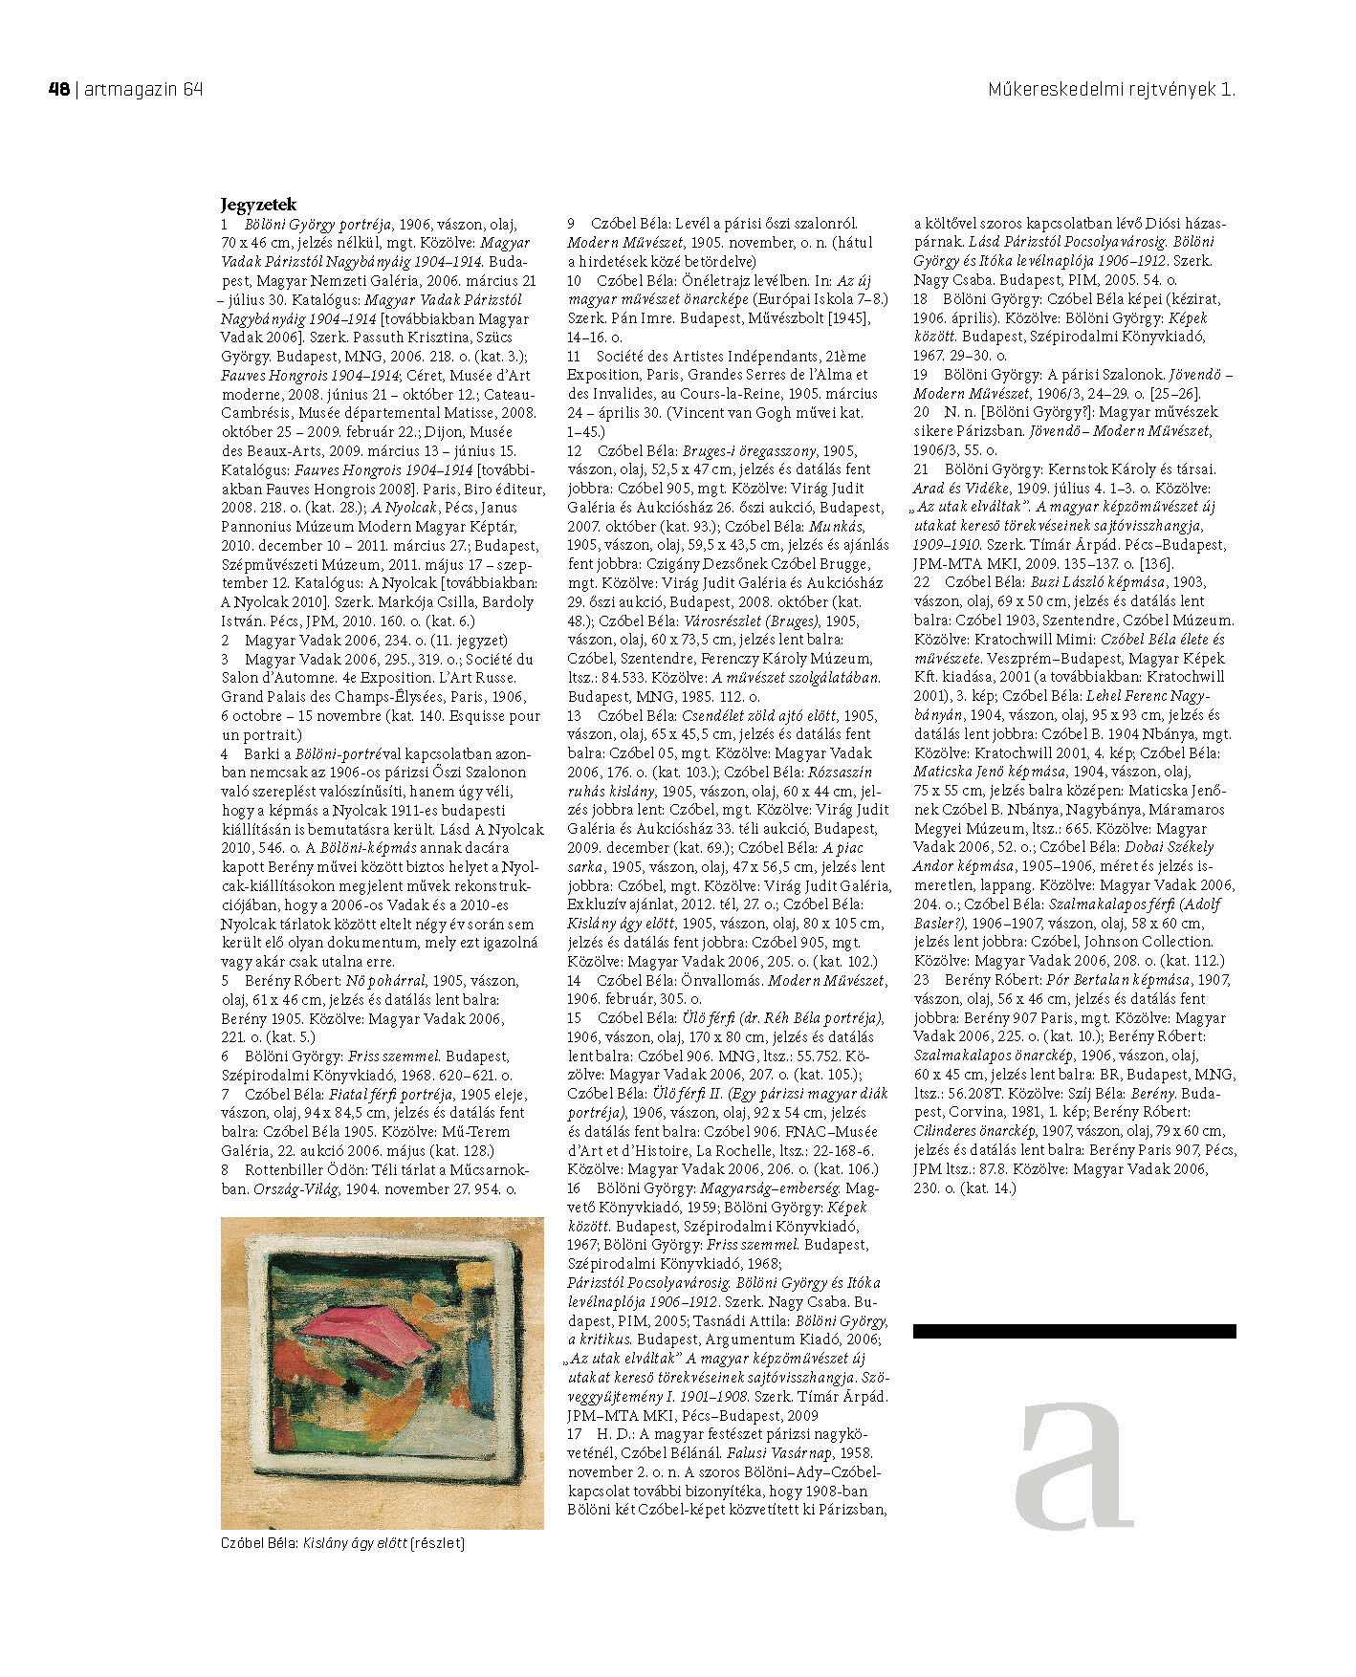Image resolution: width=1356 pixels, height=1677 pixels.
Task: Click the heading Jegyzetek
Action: (x=258, y=205)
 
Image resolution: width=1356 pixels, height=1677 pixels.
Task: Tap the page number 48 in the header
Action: (x=58, y=90)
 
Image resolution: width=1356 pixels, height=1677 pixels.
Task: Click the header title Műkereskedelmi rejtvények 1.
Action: (x=1111, y=90)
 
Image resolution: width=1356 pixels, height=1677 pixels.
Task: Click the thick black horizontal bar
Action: (x=1074, y=1331)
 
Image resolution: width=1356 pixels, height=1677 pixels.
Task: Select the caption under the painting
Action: (x=342, y=1543)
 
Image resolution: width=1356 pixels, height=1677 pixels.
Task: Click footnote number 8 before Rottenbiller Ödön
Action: (x=226, y=1170)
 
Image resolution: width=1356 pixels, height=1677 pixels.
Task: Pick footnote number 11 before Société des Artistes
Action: (x=575, y=357)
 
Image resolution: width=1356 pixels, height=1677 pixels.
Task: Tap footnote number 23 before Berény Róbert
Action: (x=922, y=980)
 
